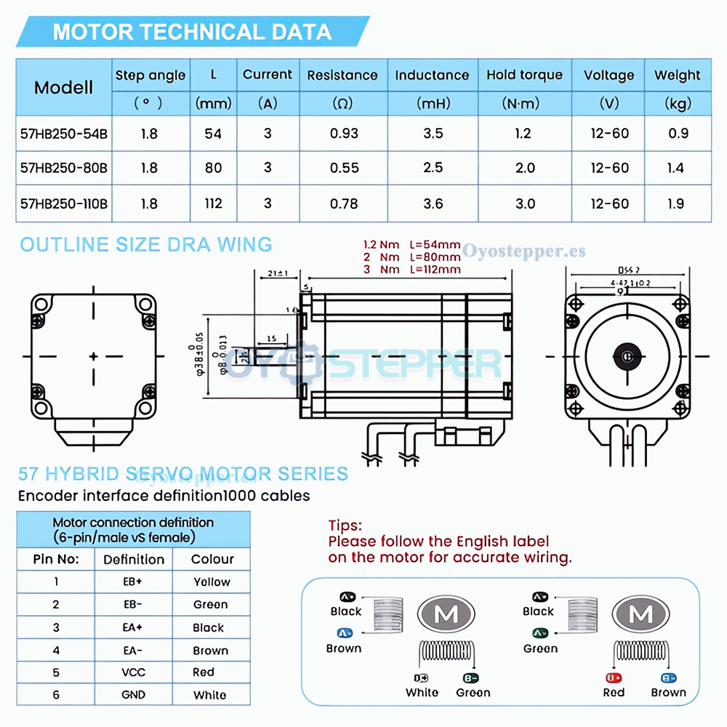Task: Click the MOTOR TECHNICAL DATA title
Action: point(192,32)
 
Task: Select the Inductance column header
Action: point(432,75)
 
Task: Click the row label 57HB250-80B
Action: point(64,168)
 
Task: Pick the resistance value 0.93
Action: point(343,134)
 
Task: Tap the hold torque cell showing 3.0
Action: point(525,204)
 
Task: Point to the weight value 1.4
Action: point(675,168)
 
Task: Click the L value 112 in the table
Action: point(213,204)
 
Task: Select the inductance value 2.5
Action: point(433,168)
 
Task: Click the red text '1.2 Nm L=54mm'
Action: point(411,245)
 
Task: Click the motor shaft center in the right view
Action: point(625,356)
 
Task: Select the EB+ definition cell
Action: point(134,582)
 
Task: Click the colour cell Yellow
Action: point(212,582)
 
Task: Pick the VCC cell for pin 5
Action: point(134,672)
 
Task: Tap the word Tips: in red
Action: point(345,525)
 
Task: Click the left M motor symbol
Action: point(446,615)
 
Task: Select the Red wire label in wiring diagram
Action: point(614,692)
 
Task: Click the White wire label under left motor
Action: point(422,692)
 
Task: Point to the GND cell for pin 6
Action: point(134,695)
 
